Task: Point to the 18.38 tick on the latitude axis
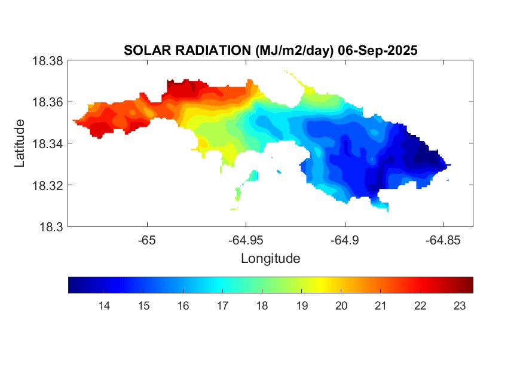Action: pyautogui.click(x=47, y=60)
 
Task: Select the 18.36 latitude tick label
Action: pyautogui.click(x=47, y=102)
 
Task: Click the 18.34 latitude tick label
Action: pyautogui.click(x=47, y=143)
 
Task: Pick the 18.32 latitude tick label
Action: pyautogui.click(x=47, y=185)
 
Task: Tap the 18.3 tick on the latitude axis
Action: pyautogui.click(x=50, y=226)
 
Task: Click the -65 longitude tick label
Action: pyautogui.click(x=147, y=240)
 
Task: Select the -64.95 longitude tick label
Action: pyautogui.click(x=246, y=240)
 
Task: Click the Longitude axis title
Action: pyautogui.click(x=270, y=259)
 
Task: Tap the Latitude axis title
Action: pyautogui.click(x=20, y=143)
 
